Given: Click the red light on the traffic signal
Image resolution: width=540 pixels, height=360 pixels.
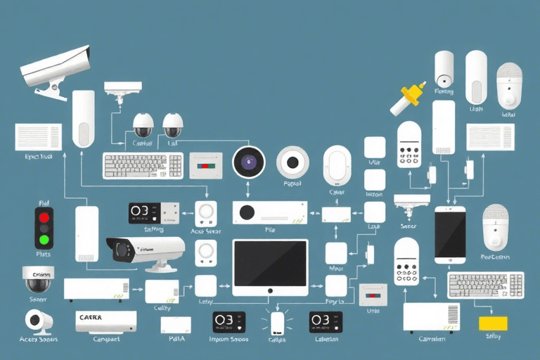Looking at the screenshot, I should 44,215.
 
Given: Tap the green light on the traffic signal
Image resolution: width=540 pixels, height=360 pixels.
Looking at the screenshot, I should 44,240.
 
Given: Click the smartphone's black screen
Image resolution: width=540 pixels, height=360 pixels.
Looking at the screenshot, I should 450,234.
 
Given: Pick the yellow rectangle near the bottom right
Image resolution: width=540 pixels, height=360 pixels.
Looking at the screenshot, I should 493,323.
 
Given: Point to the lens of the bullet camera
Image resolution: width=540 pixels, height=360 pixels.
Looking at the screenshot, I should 120,249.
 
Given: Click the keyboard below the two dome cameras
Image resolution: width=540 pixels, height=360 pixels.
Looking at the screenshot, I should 143,166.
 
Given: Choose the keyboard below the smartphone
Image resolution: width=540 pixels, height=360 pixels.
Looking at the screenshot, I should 486,285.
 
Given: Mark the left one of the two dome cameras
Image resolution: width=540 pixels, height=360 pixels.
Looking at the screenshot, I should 143,125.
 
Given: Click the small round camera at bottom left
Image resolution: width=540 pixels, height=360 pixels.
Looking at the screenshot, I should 36,321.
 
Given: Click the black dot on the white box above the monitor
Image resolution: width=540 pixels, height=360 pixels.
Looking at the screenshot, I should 246,212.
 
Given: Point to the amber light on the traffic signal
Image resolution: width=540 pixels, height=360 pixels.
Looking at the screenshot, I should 44,228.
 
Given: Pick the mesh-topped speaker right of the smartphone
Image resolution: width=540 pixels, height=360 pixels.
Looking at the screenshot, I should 495,226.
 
